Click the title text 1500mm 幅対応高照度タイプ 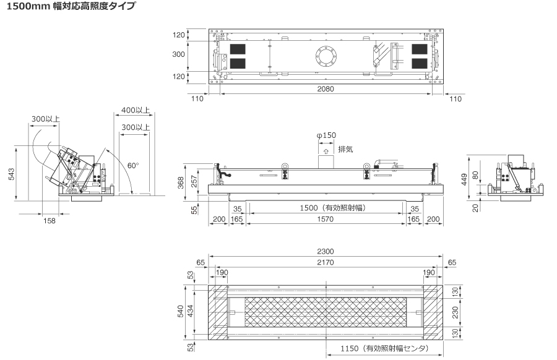(x=71, y=6)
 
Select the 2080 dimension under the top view (x=326, y=88)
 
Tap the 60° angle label (x=133, y=165)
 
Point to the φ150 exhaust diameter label (x=326, y=135)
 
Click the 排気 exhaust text (x=345, y=149)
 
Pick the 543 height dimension (x=11, y=174)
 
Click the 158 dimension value (x=50, y=221)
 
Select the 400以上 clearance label (x=136, y=110)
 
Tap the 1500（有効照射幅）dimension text (x=333, y=208)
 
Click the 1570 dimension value (x=326, y=219)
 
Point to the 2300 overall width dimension (x=326, y=251)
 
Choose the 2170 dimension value (x=326, y=262)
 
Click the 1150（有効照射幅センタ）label (x=385, y=348)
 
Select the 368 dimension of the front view (x=181, y=183)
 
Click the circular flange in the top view (x=326, y=56)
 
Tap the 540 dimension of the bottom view (x=181, y=311)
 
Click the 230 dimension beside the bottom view (x=455, y=312)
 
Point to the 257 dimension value (x=194, y=181)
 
